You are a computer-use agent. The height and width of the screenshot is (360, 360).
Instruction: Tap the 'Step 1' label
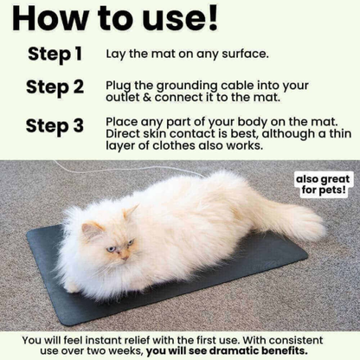pyautogui.click(x=55, y=54)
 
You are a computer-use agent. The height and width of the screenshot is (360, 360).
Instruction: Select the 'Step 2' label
pyautogui.click(x=55, y=87)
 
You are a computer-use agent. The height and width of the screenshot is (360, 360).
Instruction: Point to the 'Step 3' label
pyautogui.click(x=55, y=125)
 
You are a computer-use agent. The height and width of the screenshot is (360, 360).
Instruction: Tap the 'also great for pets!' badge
pyautogui.click(x=325, y=183)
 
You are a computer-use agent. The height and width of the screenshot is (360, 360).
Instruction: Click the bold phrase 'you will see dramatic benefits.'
pyautogui.click(x=226, y=351)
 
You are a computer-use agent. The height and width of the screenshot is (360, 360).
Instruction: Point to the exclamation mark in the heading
pyautogui.click(x=209, y=19)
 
